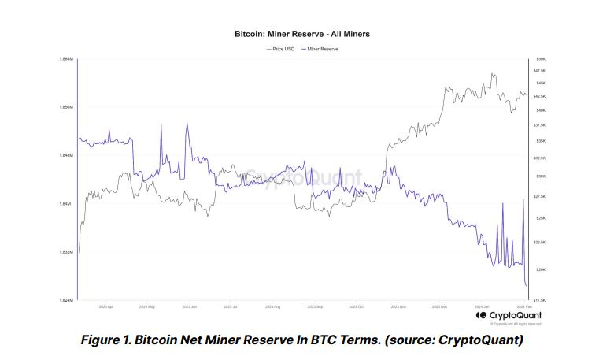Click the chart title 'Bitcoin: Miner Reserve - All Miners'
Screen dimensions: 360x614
coord(301,35)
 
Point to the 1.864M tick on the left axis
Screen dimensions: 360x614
coord(65,59)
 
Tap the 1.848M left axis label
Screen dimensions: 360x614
coord(65,156)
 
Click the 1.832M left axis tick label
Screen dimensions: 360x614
coord(65,252)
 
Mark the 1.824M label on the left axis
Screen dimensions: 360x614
coord(65,300)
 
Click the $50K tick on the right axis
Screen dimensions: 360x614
coord(541,59)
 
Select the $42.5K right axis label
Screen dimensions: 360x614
coord(542,96)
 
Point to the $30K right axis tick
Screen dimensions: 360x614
coord(541,176)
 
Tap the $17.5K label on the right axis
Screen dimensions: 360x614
coord(542,300)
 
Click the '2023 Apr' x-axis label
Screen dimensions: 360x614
coord(105,306)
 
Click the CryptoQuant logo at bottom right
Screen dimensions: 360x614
coord(508,316)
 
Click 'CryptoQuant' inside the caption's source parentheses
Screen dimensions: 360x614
coord(478,340)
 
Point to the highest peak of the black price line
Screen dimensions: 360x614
coord(494,74)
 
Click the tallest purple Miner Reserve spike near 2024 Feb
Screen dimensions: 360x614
coord(523,199)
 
